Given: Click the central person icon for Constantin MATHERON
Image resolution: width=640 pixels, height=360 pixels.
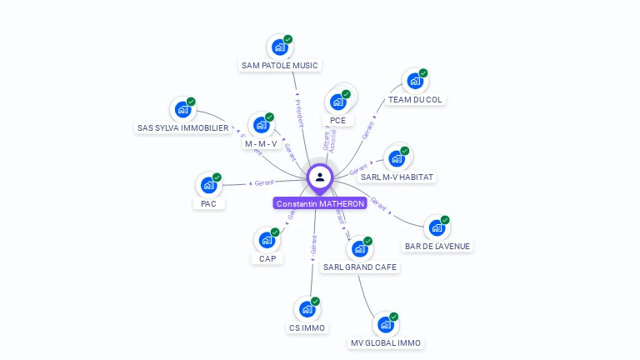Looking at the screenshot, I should tap(320, 177).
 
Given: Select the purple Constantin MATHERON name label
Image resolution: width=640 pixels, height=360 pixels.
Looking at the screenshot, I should tap(320, 203).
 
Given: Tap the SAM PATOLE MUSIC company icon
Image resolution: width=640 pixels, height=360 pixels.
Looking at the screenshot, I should tap(279, 47).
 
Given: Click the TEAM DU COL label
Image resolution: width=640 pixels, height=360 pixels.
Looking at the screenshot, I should tap(416, 99).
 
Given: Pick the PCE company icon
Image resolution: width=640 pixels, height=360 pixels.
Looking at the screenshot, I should tap(337, 101).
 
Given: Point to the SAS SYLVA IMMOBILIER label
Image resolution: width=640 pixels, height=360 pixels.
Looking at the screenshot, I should tap(182, 127).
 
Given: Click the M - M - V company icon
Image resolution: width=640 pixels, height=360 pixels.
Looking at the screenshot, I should tap(261, 125).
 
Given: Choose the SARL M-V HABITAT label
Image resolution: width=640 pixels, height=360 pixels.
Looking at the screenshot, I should tap(397, 177).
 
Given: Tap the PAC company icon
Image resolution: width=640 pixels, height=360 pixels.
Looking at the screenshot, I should tap(208, 185).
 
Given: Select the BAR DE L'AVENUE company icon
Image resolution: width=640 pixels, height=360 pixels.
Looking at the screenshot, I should tap(437, 227).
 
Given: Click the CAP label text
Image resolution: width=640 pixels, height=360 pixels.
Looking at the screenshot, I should tap(267, 258).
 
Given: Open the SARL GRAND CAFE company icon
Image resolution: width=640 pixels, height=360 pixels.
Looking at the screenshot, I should tap(360, 248).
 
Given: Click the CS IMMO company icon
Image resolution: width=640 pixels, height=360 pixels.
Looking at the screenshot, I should tap(307, 308).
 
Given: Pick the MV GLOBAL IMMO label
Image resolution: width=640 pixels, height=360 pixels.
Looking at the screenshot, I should tap(386, 342).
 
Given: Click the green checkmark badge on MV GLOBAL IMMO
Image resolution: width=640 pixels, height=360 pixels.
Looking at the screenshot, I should tap(394, 317).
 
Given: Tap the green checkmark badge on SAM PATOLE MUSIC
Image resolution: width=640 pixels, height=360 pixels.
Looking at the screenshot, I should tap(288, 39).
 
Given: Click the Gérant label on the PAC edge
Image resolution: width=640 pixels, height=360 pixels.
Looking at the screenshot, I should tap(263, 182).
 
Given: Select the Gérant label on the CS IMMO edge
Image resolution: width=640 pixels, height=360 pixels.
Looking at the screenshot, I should tap(313, 244).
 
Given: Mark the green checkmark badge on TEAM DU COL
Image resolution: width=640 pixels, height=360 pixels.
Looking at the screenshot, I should tap(423, 73).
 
